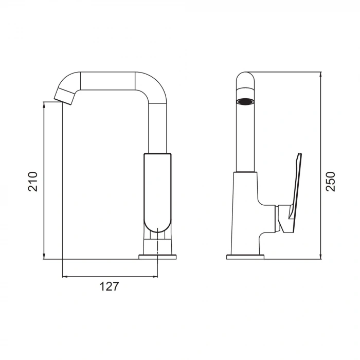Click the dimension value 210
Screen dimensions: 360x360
(x=33, y=181)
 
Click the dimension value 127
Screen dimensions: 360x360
(x=110, y=286)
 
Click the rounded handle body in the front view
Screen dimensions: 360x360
(x=157, y=190)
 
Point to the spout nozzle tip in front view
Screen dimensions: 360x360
(x=65, y=96)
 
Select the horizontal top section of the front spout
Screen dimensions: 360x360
(x=108, y=81)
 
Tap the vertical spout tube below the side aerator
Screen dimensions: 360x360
(x=245, y=139)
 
